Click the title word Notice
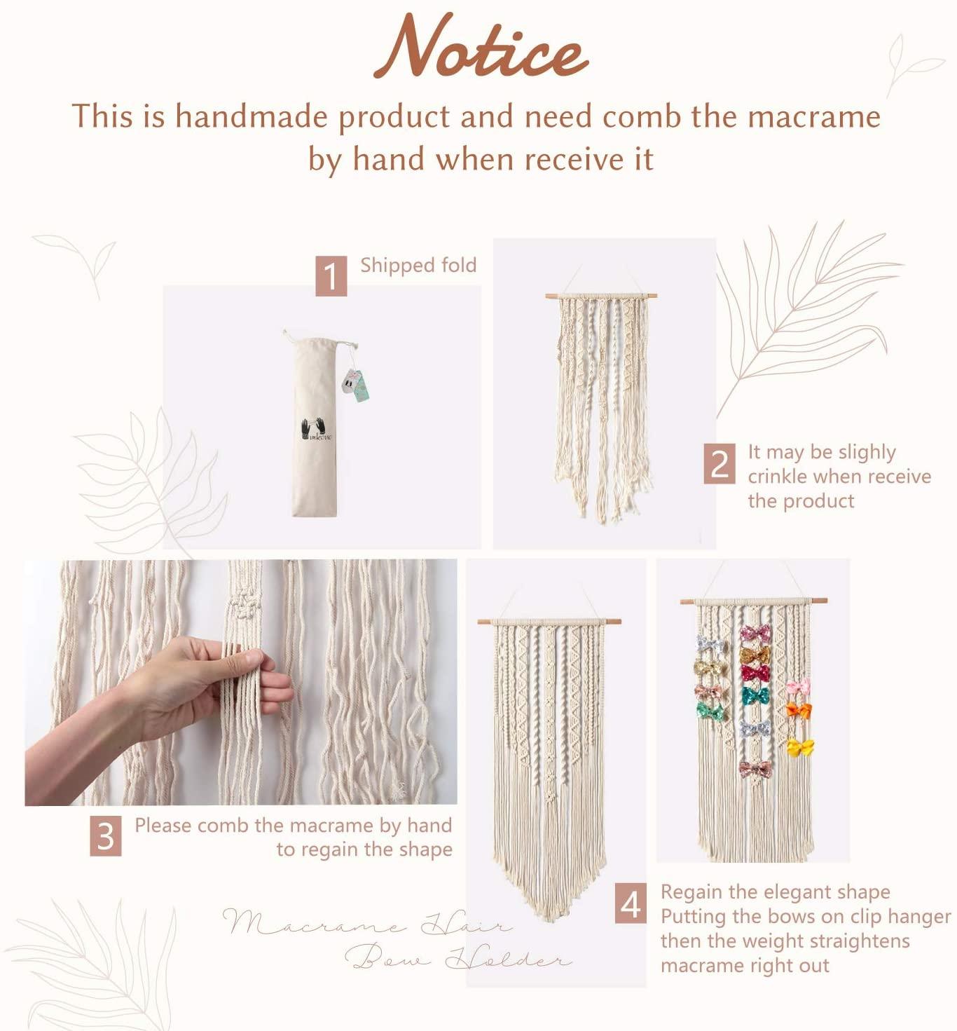(x=481, y=48)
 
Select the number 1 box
(x=331, y=275)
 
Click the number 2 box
(x=720, y=463)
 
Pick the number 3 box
(x=105, y=836)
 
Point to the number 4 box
(x=631, y=903)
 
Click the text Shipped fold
(x=418, y=265)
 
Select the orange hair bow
(x=797, y=710)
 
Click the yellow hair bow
(x=800, y=748)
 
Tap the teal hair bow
(x=755, y=695)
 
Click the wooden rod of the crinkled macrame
(x=601, y=295)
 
